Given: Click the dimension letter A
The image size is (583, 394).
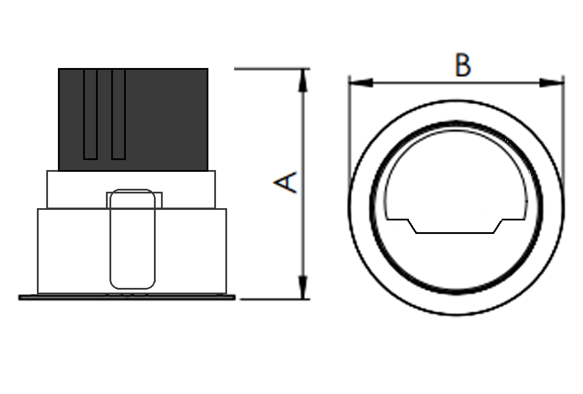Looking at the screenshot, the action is [285, 182].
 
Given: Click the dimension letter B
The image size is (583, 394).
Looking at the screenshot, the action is [463, 65].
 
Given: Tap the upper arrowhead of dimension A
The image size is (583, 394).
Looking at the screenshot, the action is [303, 81].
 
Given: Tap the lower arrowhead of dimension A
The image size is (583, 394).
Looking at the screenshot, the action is [303, 287].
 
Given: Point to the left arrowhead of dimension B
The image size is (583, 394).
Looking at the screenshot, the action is [361, 83].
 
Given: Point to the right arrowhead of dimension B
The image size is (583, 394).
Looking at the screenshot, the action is [551, 83].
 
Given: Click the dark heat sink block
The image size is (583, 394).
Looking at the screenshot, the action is [133, 120].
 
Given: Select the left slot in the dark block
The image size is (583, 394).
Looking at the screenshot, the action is [90, 114].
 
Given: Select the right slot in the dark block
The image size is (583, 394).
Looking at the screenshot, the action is [119, 114].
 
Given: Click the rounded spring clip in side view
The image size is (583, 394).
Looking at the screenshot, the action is [132, 239].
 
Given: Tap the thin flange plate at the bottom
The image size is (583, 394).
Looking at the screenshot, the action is [127, 297].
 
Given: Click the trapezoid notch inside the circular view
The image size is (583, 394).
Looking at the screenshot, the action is [455, 226].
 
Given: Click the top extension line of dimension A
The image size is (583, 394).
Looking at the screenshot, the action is [272, 69].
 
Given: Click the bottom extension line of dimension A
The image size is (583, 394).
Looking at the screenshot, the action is [275, 299].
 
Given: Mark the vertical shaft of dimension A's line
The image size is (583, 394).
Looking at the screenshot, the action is [303, 184].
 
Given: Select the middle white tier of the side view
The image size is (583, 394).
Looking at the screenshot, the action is [131, 189].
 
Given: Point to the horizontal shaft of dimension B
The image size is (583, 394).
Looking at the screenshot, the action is [456, 83].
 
